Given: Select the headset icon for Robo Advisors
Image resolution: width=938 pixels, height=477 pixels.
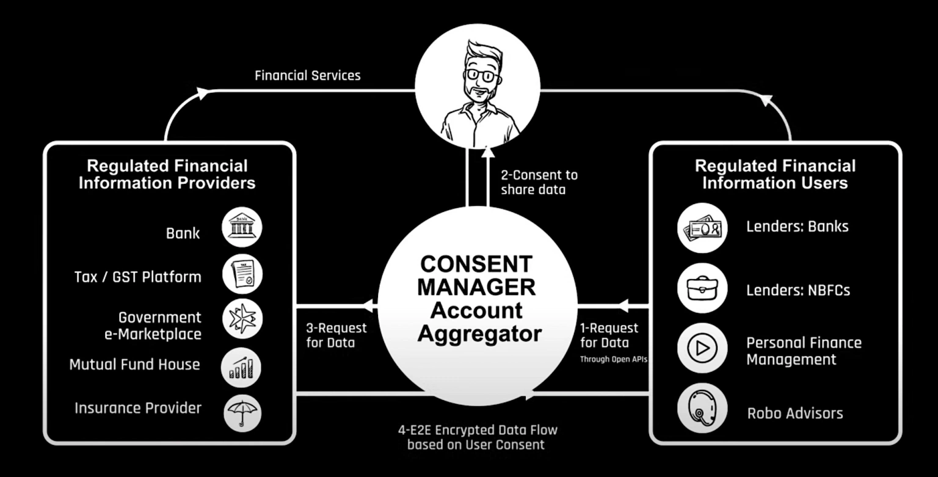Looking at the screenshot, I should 702,407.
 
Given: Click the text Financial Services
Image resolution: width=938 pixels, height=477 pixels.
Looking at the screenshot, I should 307,76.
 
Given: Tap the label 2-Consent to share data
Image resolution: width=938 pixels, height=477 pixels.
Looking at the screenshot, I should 539,182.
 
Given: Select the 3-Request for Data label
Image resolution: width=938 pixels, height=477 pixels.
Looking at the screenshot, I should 336,335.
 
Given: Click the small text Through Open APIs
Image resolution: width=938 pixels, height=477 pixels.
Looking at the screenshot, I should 613,360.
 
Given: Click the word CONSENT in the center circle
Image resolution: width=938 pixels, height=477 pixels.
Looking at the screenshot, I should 476,264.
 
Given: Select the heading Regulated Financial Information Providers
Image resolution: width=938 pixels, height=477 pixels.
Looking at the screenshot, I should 167,174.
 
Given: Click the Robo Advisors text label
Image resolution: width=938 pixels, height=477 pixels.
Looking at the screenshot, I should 794,413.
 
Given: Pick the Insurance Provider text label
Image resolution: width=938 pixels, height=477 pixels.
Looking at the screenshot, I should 138,407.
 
